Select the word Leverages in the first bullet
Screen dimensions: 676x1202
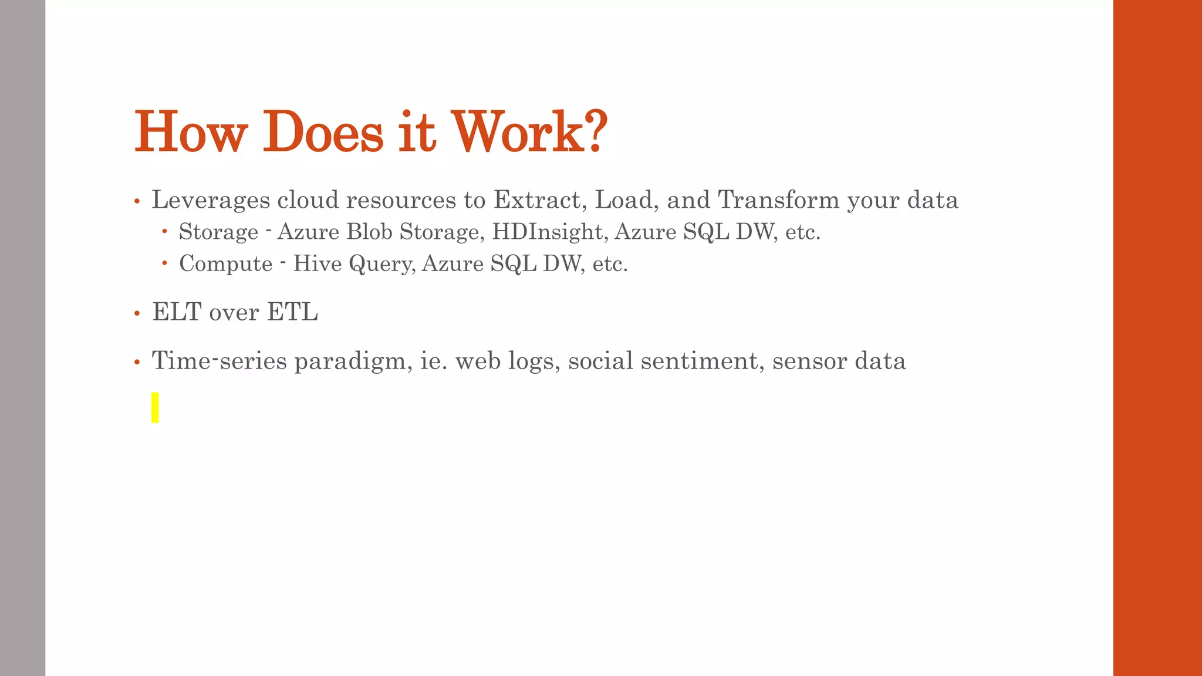pyautogui.click(x=211, y=200)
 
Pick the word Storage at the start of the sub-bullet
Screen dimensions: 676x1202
pyautogui.click(x=219, y=232)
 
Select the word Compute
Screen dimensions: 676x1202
pyautogui.click(x=226, y=264)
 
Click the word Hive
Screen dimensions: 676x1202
pyautogui.click(x=318, y=263)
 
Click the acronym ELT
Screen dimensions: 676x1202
pyautogui.click(x=177, y=312)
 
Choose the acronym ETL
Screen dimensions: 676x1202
pyautogui.click(x=292, y=312)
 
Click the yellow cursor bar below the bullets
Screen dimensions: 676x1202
pyautogui.click(x=155, y=407)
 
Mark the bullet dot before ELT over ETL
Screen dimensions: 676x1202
pyautogui.click(x=137, y=314)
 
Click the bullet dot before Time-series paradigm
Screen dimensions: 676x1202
pyautogui.click(x=137, y=363)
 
